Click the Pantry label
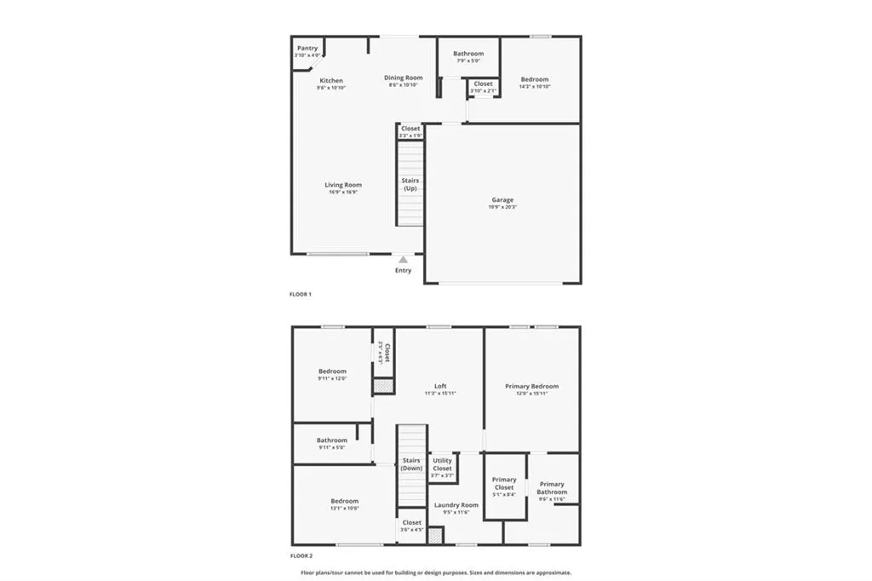point(307,49)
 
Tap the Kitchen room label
point(331,81)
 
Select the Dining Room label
point(403,78)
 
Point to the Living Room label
point(343,185)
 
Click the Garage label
point(502,200)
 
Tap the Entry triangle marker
point(403,259)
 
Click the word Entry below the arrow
point(403,271)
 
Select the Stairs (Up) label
point(410,184)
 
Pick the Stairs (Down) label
point(411,464)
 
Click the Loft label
point(440,386)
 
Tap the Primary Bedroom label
point(531,386)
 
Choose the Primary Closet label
point(504,484)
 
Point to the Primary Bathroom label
point(552,488)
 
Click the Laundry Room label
point(456,504)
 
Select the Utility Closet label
point(442,464)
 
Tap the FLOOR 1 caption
point(301,295)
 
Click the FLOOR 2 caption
point(301,555)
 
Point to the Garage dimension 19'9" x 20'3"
point(502,207)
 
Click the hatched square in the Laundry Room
point(435,536)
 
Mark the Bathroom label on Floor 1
point(468,54)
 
